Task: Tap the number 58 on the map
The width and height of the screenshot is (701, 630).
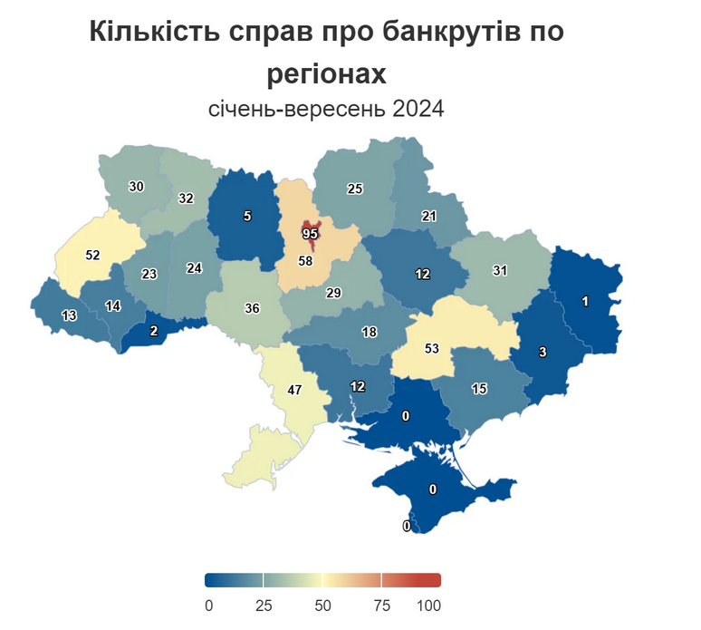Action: (306, 261)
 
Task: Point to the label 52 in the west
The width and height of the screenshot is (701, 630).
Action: (92, 255)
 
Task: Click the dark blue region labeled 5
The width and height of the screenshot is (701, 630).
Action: (246, 216)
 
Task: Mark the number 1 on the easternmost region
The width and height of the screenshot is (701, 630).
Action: (586, 302)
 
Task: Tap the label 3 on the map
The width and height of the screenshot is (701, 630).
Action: (543, 353)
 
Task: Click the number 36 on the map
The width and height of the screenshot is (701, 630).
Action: (252, 308)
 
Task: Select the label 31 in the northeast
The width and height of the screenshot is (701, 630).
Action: (499, 270)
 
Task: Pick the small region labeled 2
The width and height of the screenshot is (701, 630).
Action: (153, 331)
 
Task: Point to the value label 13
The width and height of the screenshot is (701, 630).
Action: (69, 315)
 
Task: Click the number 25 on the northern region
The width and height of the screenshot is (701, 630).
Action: (355, 189)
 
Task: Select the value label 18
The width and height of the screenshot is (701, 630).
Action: (369, 332)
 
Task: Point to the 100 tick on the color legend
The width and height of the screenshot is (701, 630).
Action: (429, 605)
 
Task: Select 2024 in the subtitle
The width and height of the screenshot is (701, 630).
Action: (418, 110)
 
